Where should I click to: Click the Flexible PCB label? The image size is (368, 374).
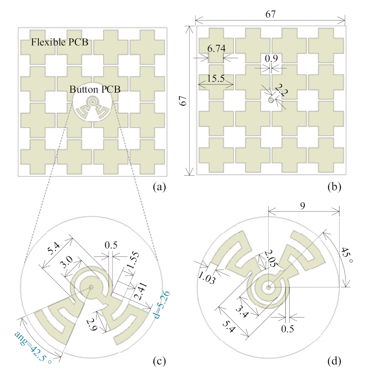coord(60,42)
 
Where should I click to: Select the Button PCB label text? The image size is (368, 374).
coord(95,89)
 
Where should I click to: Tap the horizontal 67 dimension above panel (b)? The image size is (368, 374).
coord(270,14)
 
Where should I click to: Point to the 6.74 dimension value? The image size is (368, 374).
coord(216,48)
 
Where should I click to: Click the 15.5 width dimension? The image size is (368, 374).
coord(216,78)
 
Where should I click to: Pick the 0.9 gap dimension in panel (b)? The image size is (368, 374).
coord(271,58)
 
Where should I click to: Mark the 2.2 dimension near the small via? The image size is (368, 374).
coord(281,90)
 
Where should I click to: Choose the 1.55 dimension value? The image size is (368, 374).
coord(133,260)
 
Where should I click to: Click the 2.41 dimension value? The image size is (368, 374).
coord(141,291)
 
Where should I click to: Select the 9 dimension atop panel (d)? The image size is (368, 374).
coord(302,206)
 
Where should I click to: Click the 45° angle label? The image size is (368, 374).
coord(347,255)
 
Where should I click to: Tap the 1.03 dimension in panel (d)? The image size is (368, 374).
coord(206,277)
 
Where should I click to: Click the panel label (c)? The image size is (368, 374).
coord(159,361)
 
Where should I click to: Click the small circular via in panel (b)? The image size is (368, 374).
coord(271,100)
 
